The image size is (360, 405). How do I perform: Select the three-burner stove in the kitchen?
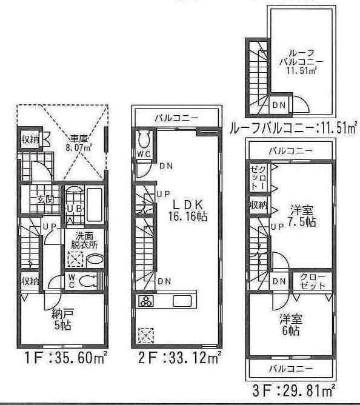(147, 301)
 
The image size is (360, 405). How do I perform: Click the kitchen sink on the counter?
(182, 301)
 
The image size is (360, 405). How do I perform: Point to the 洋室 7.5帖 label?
(302, 216)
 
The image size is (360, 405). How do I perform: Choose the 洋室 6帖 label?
(291, 325)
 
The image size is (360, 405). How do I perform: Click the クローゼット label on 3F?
(313, 280)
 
